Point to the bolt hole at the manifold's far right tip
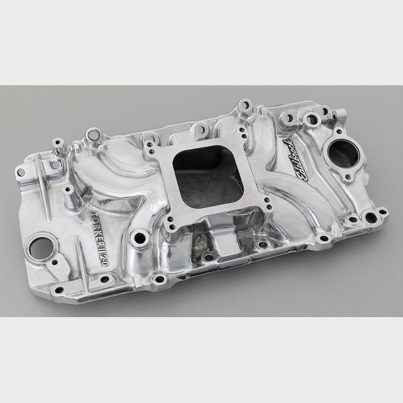click(x=382, y=212)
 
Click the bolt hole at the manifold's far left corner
click(x=20, y=172)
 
